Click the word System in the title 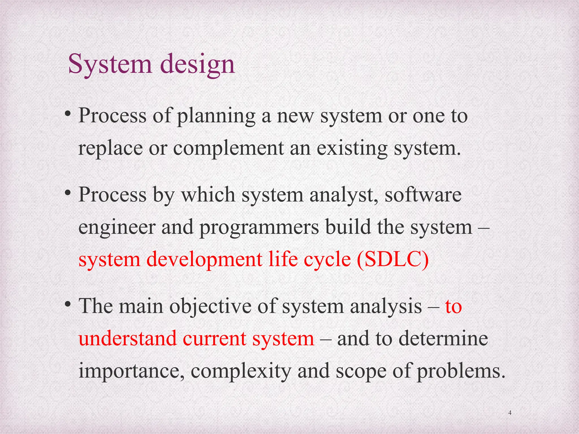point(110,64)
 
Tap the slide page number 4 point(510,413)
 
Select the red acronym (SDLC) point(393,259)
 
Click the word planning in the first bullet point(216,116)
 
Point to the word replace point(110,149)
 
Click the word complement point(228,149)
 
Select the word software point(423,195)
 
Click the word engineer point(117,228)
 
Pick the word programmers point(259,228)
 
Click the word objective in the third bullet point(210,306)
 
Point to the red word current point(214,338)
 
